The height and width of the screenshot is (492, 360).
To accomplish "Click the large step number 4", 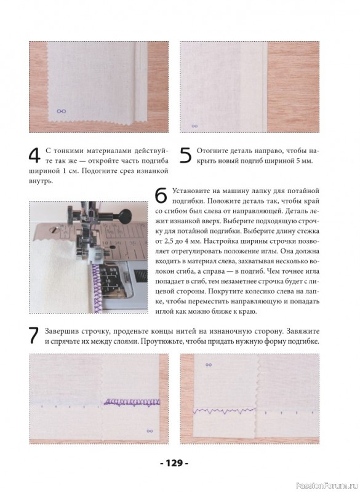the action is (34, 156).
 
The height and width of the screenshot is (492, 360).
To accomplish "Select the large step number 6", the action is (161, 196).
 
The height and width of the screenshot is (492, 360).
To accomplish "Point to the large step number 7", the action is (34, 336).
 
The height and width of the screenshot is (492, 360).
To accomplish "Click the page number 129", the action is (174, 463).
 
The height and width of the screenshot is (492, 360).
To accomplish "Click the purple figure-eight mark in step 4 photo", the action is (62, 111).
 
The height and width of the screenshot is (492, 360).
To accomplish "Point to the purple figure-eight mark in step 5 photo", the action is (194, 126).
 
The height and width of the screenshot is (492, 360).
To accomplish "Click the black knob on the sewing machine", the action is (125, 215).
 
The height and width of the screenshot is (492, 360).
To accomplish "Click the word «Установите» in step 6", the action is (189, 191).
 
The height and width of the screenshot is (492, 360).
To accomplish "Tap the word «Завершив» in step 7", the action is (62, 331).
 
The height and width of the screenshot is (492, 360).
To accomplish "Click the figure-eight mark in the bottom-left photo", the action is (150, 431).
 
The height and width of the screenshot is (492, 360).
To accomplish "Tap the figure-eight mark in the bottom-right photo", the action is (209, 365).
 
